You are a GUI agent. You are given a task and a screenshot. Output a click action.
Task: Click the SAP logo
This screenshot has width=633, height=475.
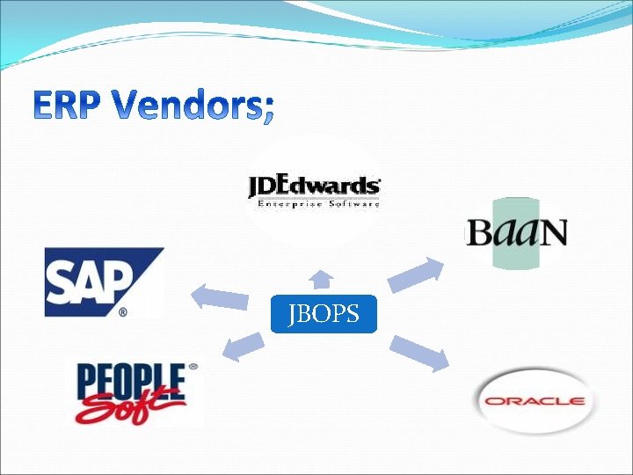(x=103, y=281)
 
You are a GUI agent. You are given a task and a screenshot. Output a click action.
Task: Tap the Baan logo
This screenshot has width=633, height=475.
(x=517, y=232)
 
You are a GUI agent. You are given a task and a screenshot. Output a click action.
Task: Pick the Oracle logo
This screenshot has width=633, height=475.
(x=535, y=401)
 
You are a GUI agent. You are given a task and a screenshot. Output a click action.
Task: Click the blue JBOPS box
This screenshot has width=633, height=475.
(x=324, y=314)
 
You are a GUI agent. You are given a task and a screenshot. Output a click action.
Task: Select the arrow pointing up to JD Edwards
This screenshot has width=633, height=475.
(x=322, y=280)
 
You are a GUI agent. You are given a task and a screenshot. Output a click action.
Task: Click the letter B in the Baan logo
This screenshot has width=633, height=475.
(x=478, y=233)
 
